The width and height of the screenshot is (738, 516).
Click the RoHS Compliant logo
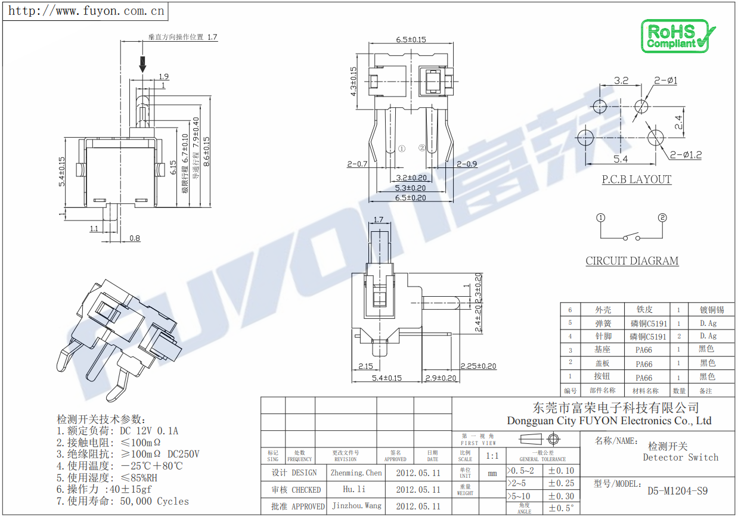coord(677,36)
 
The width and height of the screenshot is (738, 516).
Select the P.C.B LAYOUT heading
coord(636,179)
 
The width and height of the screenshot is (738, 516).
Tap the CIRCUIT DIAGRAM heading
coord(632,261)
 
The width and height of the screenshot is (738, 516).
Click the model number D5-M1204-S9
coord(677,492)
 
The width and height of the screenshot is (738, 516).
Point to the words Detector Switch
coord(680,458)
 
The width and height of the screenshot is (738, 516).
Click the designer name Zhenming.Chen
coord(356,473)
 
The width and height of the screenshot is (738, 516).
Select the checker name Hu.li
coord(354,490)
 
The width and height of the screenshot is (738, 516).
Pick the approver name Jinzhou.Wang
coord(356,506)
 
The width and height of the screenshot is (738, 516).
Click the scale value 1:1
coord(492,456)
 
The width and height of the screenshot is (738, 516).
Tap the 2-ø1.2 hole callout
coord(686,155)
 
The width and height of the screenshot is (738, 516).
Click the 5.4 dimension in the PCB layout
coord(621,159)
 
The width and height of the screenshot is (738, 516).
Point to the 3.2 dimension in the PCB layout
coord(621,80)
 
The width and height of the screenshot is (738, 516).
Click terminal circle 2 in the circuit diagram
coord(662,217)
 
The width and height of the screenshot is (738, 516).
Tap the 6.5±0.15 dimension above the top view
coord(411,40)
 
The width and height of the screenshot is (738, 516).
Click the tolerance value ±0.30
coord(561,496)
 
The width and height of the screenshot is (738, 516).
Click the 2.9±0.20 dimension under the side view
coord(440,378)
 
